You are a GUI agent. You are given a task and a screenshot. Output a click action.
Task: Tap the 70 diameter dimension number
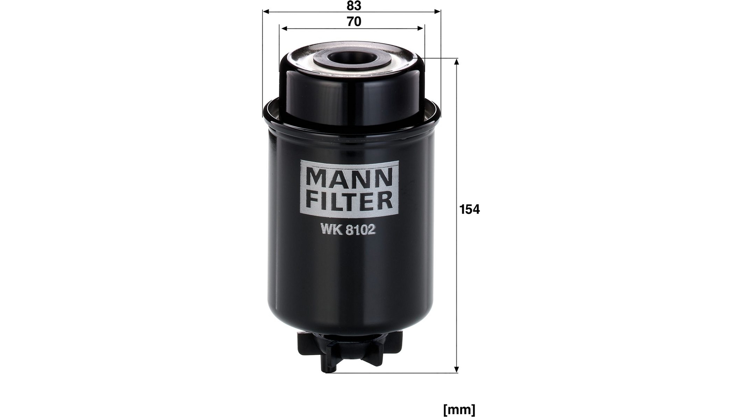(354, 22)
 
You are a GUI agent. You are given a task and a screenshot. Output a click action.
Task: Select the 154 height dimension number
(470, 209)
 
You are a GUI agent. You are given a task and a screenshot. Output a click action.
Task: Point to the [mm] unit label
(459, 409)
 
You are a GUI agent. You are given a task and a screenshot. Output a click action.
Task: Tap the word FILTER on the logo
(349, 200)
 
